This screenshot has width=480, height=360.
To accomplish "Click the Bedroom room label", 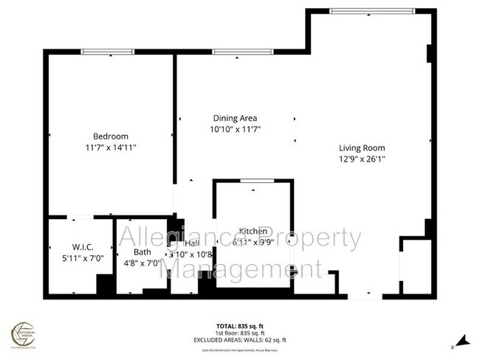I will point(111,136).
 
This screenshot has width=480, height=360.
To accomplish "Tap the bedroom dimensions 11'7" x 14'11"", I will point(111,148).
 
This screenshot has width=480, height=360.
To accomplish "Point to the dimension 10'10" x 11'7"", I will point(236,129).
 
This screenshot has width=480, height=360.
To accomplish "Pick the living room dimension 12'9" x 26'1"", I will point(362,157).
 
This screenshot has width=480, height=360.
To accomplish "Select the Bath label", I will point(143,252).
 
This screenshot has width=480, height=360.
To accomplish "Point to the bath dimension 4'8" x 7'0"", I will point(143,262).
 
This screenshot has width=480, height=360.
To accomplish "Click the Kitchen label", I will point(252,231).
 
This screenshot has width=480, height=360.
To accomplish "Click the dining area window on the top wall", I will point(235,51).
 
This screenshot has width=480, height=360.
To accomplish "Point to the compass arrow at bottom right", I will point(462,342).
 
